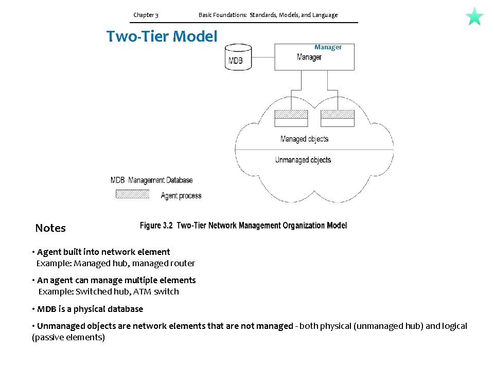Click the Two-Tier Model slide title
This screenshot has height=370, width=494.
162,36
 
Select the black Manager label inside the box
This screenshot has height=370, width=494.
309,57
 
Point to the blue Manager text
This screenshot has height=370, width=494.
328,47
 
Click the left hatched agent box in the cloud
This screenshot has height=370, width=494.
291,114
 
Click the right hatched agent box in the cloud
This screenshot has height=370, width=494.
337,114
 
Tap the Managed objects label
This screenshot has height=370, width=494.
304,139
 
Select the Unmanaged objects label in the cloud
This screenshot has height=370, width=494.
303,160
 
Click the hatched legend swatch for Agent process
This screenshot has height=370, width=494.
132,194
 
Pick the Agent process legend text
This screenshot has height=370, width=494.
181,195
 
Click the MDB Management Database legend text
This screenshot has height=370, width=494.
151,180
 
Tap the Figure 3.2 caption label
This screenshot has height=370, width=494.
156,225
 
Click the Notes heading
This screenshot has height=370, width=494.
50,228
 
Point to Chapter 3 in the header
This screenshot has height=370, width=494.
146,15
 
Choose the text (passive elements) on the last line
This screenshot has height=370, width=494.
68,337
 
